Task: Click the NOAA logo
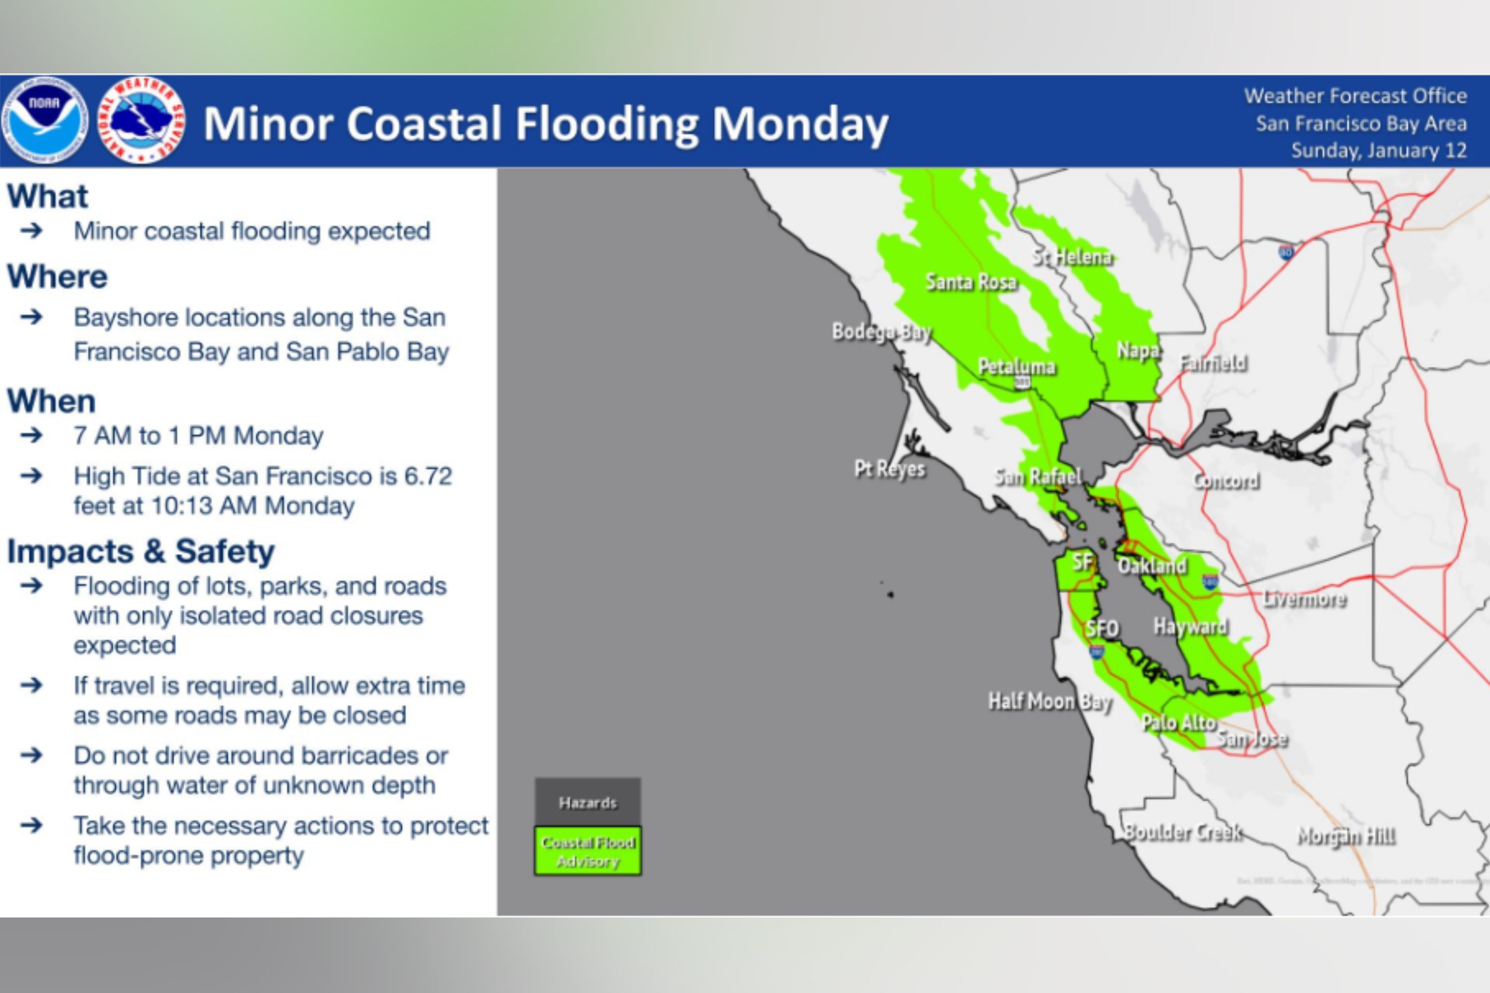coord(45,120)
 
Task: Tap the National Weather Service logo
coord(141,120)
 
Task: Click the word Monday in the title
coord(800,124)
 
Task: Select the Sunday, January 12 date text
coord(1379,151)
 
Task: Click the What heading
coord(48,196)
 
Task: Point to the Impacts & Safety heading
coord(141,551)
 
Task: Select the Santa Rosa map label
coord(970,282)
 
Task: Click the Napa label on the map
coord(1138,350)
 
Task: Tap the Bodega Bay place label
coord(881,332)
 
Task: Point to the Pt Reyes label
coord(890,469)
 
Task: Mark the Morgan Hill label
coord(1346,837)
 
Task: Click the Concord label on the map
coord(1226,481)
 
